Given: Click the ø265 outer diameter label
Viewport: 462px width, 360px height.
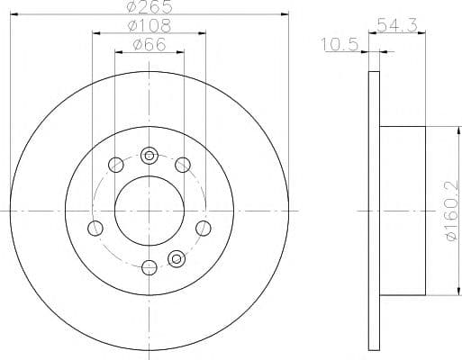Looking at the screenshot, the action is click(x=149, y=7).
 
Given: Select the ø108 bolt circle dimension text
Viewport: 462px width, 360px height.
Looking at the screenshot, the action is click(x=149, y=26).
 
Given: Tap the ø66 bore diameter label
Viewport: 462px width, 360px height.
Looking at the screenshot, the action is click(x=149, y=45).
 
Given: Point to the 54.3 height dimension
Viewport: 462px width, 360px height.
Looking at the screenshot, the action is click(x=397, y=25).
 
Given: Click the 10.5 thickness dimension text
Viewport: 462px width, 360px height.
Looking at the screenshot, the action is click(x=340, y=45).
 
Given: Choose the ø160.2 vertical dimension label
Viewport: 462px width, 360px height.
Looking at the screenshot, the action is click(x=452, y=211).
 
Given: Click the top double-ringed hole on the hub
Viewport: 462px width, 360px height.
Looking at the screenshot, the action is click(x=149, y=156).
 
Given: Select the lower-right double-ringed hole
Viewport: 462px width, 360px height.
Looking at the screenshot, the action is click(x=177, y=258).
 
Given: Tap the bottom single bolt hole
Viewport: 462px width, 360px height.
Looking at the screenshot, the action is click(x=149, y=267).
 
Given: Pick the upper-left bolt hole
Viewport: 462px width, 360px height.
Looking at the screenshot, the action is click(x=116, y=165).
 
